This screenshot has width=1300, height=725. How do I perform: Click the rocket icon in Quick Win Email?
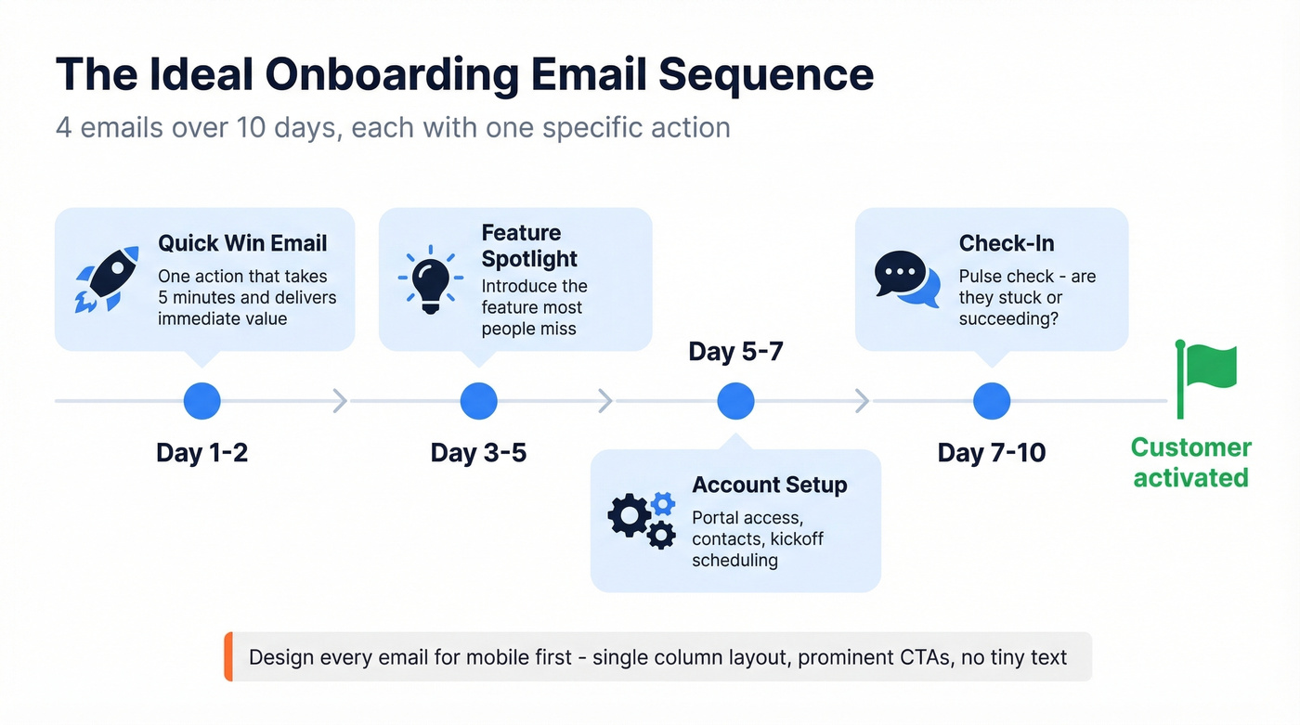107,278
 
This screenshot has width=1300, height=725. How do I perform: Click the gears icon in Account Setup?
642,519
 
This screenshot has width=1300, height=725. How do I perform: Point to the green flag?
1206,376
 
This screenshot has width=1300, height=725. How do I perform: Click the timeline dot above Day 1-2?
202,401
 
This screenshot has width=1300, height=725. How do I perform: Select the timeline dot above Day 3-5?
479,401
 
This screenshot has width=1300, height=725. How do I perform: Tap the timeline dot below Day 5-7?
736,401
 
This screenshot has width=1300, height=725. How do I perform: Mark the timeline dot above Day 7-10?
992,401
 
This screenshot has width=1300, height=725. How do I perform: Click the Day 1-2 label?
202,453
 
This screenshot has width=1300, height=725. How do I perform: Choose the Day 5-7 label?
736,353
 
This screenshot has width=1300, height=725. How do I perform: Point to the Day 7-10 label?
992,453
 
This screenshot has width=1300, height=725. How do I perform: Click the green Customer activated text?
1190,462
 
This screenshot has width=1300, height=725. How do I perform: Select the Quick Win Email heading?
242,243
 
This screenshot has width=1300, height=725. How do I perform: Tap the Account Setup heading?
770,485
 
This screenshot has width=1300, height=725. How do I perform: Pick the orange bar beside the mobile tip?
228,657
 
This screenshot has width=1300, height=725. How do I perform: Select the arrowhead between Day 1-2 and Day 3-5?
340,401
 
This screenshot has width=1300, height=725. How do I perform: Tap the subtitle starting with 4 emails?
393,127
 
